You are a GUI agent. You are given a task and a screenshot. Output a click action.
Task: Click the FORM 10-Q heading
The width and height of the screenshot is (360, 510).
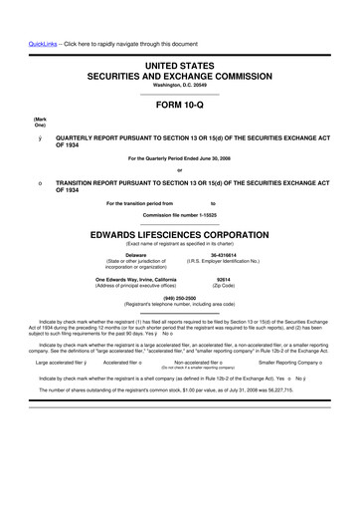(x=180, y=104)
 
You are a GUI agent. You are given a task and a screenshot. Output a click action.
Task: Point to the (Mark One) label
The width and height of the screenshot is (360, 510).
(x=12, y=126)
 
